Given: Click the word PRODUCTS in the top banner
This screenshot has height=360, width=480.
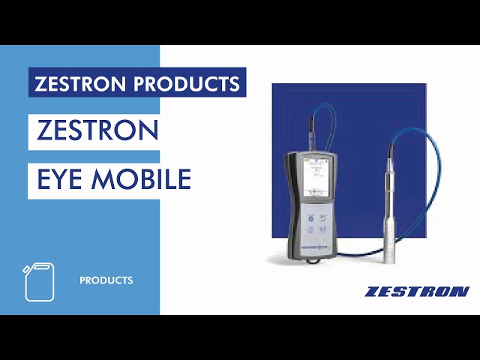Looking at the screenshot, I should [x=190, y=82].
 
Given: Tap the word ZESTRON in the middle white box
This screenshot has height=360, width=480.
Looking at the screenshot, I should [x=97, y=130].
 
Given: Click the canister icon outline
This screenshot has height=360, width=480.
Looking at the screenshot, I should [x=40, y=282].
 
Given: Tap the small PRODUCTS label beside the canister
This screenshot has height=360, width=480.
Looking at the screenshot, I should [x=106, y=280].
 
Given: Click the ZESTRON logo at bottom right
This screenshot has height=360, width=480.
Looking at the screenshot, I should [x=417, y=291].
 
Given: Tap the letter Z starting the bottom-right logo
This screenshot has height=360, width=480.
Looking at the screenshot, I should [x=372, y=291].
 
